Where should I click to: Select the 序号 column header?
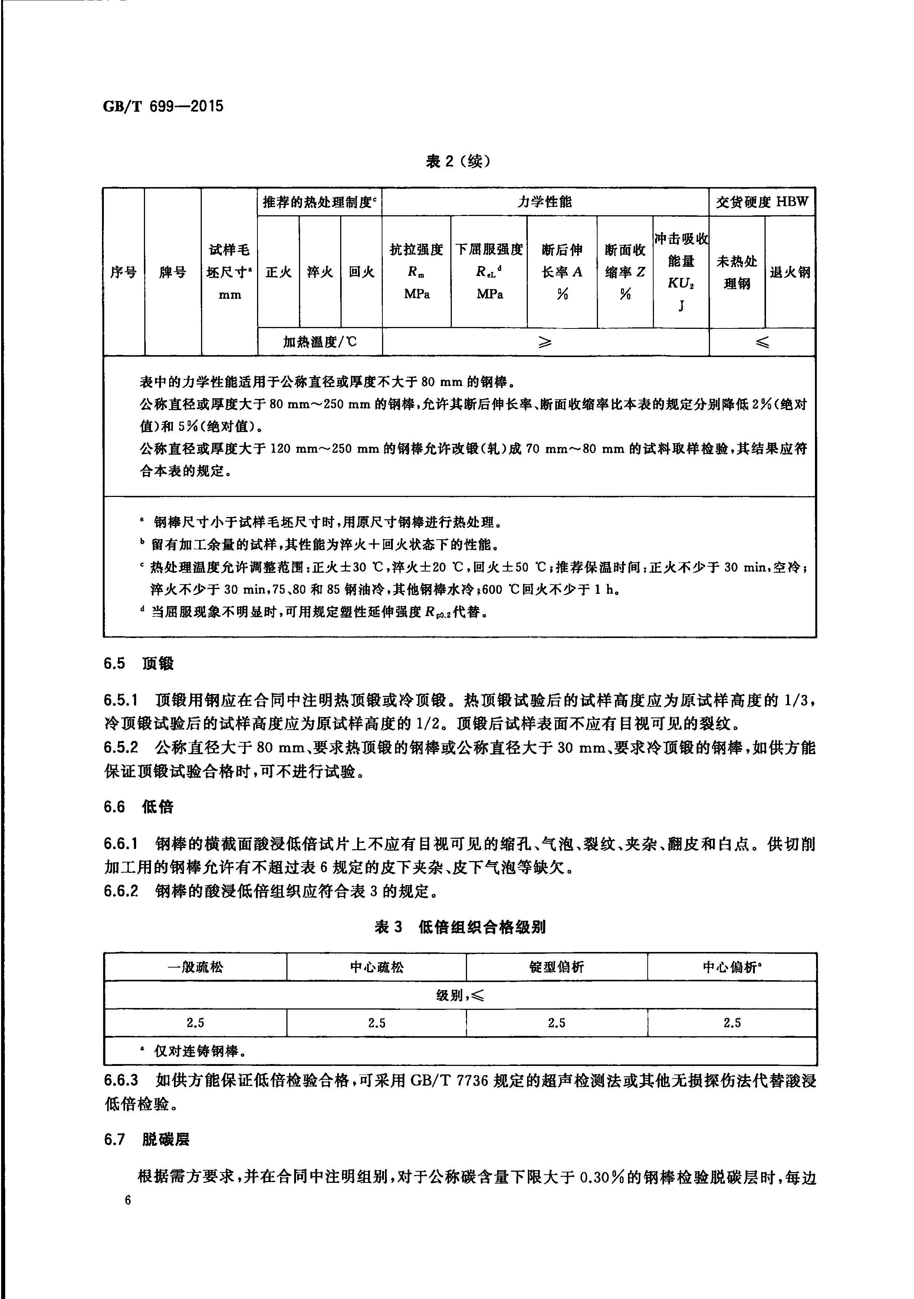(123, 272)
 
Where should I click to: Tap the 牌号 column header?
(172, 272)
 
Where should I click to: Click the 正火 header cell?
(278, 272)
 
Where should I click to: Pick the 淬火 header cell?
(319, 272)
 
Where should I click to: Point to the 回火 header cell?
(361, 272)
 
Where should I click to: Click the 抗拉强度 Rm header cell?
(416, 272)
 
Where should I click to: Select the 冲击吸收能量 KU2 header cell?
(681, 272)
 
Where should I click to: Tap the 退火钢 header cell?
(790, 272)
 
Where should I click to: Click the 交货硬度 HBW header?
(762, 202)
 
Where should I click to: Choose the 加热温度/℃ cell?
(319, 342)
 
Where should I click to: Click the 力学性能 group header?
(545, 202)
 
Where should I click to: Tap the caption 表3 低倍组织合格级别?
(460, 927)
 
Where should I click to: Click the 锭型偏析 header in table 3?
(556, 967)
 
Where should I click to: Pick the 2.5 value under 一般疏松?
(195, 1023)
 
